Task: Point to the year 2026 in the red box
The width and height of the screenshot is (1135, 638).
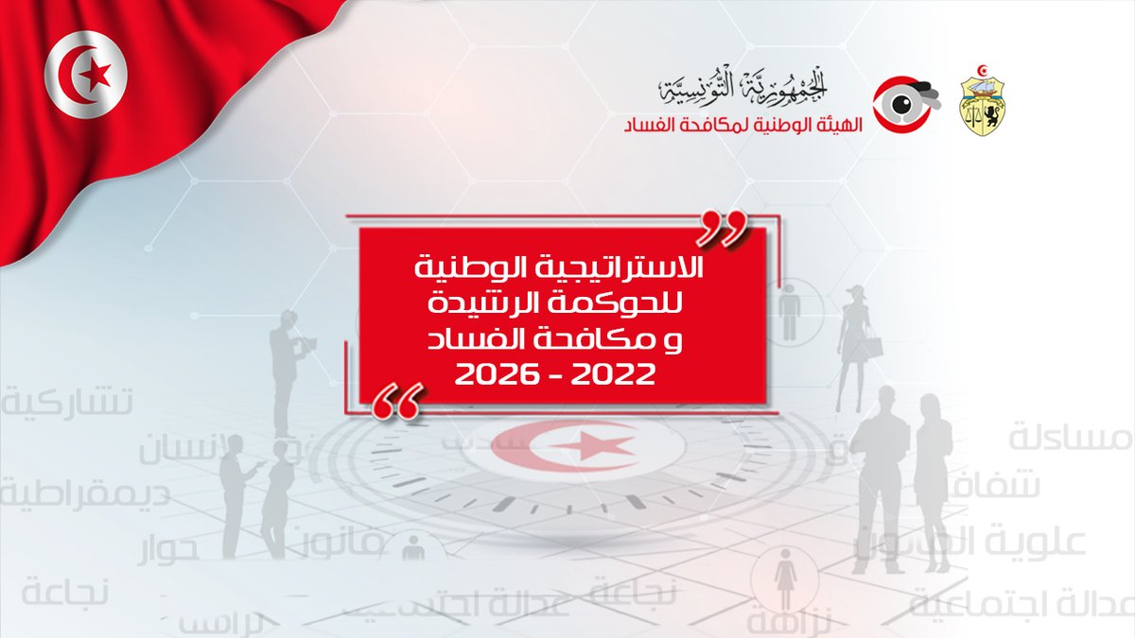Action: click(x=494, y=375)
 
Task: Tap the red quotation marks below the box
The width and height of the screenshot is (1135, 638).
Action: click(x=395, y=401)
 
